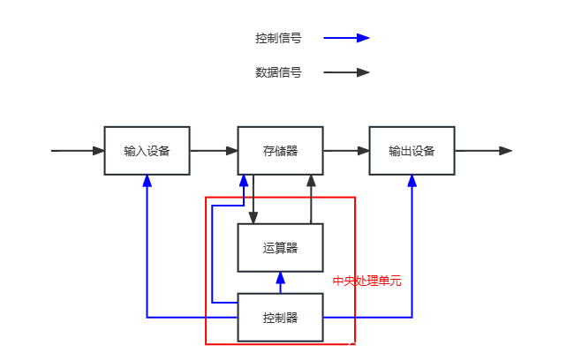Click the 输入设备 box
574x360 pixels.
(x=147, y=151)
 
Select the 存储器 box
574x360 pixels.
(x=280, y=151)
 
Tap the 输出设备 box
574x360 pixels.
(x=412, y=151)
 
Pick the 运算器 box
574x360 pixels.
(x=280, y=248)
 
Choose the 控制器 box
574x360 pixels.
(x=280, y=317)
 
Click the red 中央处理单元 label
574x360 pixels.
(x=366, y=281)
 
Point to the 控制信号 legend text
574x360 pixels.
(x=278, y=38)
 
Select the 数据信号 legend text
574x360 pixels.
(x=278, y=72)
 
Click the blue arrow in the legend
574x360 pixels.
(x=346, y=38)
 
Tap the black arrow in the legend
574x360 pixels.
(x=346, y=72)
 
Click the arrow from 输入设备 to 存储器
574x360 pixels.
(x=214, y=151)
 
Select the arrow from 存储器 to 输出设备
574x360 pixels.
(x=346, y=151)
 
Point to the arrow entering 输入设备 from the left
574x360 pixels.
(x=78, y=151)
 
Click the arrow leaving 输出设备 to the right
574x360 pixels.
(x=483, y=151)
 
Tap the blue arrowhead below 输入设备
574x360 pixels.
(x=147, y=181)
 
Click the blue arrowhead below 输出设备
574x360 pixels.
(x=412, y=181)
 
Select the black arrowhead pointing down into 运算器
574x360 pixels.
(x=253, y=217)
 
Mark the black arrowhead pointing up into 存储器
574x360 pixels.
(x=311, y=181)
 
